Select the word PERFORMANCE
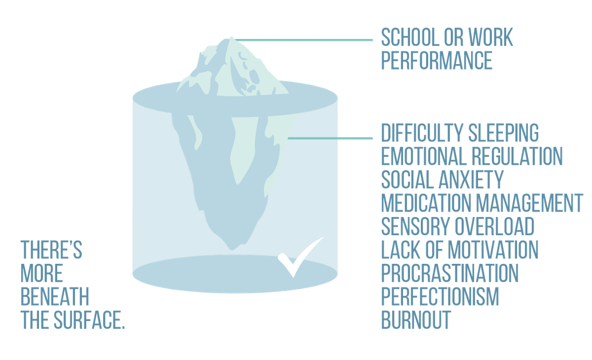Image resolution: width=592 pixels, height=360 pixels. point(437,61)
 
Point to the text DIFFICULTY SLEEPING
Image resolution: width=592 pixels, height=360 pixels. point(459,133)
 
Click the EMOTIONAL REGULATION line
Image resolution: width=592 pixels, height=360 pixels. point(472,156)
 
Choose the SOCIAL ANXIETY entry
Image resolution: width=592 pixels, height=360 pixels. point(442,180)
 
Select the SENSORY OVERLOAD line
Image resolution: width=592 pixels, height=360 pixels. point(458,226)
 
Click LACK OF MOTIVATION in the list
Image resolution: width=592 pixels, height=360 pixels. point(460,250)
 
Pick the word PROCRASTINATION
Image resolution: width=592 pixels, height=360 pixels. point(450,273)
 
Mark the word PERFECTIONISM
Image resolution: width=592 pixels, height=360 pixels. point(441,296)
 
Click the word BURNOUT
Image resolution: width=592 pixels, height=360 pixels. point(416,320)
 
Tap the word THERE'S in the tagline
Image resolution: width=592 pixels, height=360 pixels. point(51,251)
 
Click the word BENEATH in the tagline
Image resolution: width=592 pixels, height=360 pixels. point(55,297)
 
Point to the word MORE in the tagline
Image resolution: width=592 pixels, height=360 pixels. point(42,274)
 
